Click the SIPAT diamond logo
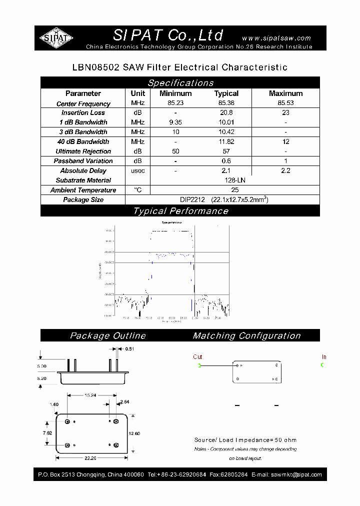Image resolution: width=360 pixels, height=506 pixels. point(56,38)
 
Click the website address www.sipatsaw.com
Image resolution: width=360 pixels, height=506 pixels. point(276,38)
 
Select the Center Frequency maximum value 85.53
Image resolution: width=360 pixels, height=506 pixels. point(285,103)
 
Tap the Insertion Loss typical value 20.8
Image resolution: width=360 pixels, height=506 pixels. point(226,113)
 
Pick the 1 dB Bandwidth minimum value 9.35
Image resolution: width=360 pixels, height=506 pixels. point(175,122)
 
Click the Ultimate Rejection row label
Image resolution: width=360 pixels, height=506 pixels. point(83,151)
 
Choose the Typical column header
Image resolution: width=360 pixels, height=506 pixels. point(226,93)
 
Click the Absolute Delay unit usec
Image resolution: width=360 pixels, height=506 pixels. point(137,171)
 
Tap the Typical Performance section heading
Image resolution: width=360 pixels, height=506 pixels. point(180,211)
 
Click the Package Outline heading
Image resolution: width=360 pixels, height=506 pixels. point(107,336)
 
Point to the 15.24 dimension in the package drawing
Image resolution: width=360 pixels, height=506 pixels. point(89,395)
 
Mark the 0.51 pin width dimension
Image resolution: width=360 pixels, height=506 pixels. point(129,349)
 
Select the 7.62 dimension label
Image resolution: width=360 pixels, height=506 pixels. point(46,432)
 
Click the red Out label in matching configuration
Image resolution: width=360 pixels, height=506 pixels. point(197,357)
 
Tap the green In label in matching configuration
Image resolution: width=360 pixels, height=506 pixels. point(324,357)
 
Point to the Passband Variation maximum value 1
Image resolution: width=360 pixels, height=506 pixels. point(285,161)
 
